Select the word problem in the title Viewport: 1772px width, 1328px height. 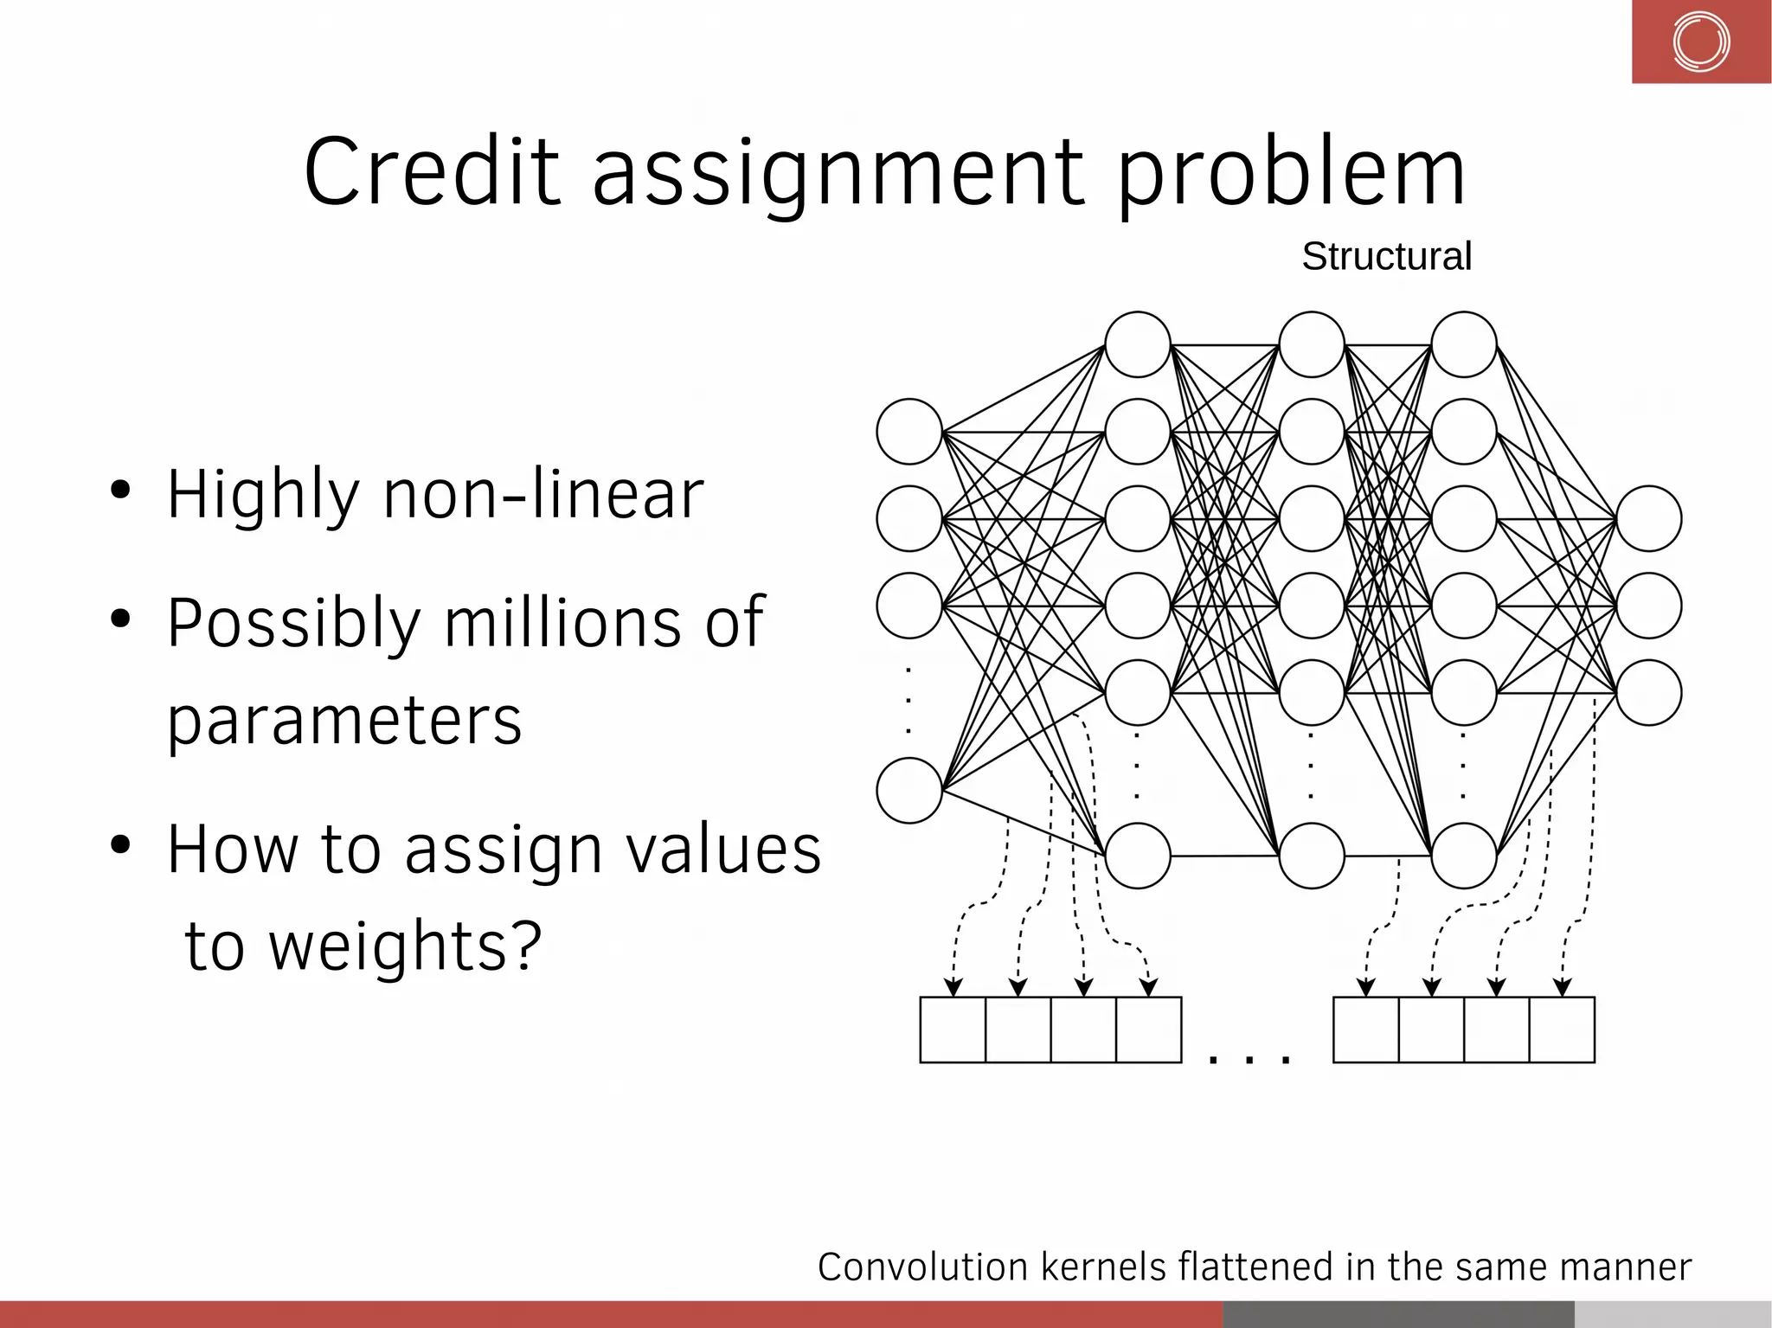(x=1291, y=173)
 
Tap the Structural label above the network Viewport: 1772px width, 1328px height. (x=1386, y=256)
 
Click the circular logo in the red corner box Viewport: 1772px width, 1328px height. (x=1700, y=42)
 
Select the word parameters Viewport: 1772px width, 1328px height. (x=344, y=720)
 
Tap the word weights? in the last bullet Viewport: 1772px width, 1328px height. (x=405, y=946)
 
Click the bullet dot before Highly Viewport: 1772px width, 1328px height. (x=120, y=491)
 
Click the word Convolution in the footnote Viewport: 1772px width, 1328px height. (x=922, y=1267)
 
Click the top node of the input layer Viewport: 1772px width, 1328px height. (x=909, y=431)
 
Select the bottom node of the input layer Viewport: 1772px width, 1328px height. (x=909, y=790)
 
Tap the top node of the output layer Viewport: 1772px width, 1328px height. (x=1648, y=518)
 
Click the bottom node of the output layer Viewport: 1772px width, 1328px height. (x=1648, y=692)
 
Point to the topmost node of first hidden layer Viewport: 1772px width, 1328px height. (x=1138, y=344)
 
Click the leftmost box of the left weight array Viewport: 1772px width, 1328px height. (x=953, y=1030)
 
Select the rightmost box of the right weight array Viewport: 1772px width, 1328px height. (x=1562, y=1030)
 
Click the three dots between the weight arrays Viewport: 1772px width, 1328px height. (x=1249, y=1057)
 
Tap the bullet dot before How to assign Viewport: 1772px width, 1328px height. (x=120, y=844)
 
